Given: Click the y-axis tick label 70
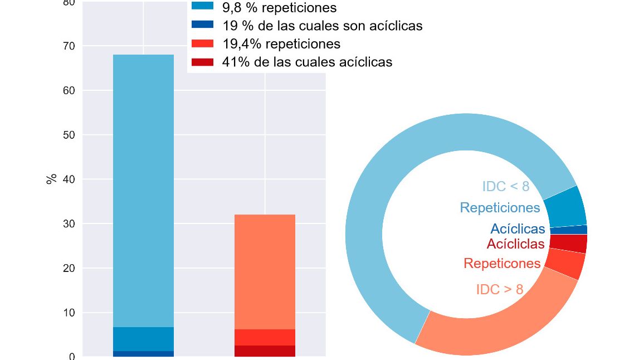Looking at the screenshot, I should pyautogui.click(x=69, y=46).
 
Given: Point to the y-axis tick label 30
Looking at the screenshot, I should pyautogui.click(x=69, y=224).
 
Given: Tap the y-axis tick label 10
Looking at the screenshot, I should pyautogui.click(x=69, y=313).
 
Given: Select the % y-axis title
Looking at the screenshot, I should pyautogui.click(x=51, y=179).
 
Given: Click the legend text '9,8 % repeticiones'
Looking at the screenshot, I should pyautogui.click(x=279, y=8).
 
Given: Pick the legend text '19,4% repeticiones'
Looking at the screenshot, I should pyautogui.click(x=281, y=43).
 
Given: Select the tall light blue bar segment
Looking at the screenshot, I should pyautogui.click(x=143, y=189).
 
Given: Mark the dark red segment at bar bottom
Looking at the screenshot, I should pyautogui.click(x=265, y=351).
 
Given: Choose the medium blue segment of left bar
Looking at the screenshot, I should pyautogui.click(x=143, y=339).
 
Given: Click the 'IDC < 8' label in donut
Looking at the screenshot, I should pyautogui.click(x=505, y=187).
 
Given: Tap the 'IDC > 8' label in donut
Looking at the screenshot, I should pyautogui.click(x=500, y=290).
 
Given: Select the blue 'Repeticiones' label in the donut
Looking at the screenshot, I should pyautogui.click(x=500, y=208).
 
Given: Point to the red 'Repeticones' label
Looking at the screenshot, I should pyautogui.click(x=502, y=264).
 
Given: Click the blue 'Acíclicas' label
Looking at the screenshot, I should pyautogui.click(x=518, y=229).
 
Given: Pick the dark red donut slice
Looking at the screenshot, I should pyautogui.click(x=568, y=244).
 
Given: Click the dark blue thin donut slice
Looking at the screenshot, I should pyautogui.click(x=568, y=230).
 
